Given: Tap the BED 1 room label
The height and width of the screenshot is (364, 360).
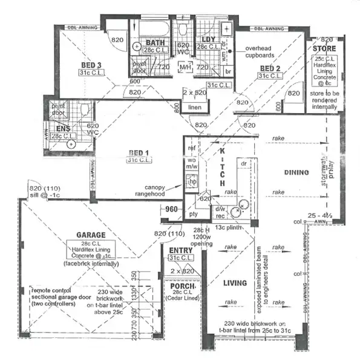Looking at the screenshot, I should pos(140,152).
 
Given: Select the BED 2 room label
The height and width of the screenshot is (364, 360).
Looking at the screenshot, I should pos(270,68).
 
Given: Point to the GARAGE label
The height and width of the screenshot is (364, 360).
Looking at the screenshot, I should pos(91,235).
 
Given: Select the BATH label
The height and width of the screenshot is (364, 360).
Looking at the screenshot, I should pos(156,43).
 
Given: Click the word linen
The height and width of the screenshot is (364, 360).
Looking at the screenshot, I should pos(194,107).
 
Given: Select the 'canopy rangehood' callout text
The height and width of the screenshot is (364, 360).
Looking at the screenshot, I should pos(160,190).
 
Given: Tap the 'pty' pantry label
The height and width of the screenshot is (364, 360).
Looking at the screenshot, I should pos(193,214).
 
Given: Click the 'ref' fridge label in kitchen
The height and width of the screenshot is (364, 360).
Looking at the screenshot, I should pos(193,148).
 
